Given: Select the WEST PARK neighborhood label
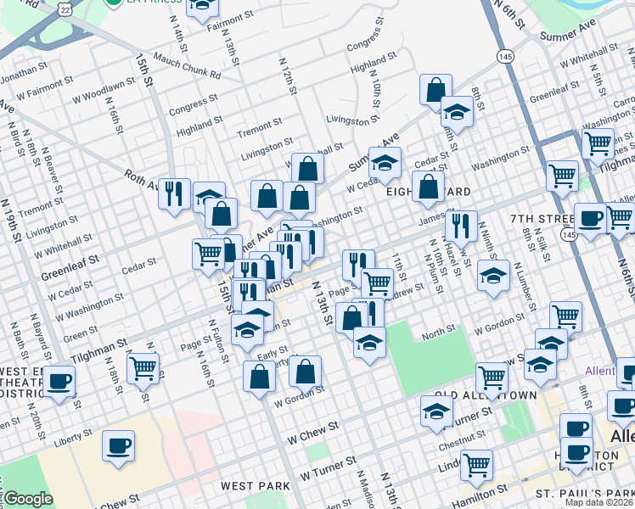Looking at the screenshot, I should coord(256,486).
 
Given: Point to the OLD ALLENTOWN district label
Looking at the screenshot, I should coord(486,396).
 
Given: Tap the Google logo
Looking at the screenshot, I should coord(28,499).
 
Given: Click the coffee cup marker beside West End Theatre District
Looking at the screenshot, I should coord(59,383).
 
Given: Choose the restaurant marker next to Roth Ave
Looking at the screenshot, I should coord(174,194).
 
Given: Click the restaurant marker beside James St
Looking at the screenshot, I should coord(460,226).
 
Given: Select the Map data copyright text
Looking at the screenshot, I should coord(599,502).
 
